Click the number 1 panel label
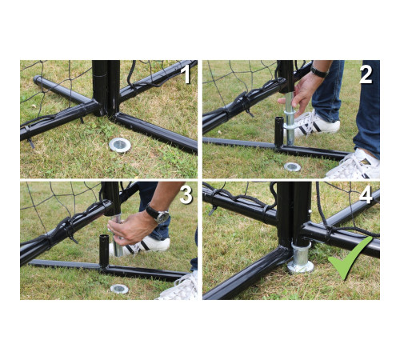point(186,74)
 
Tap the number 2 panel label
point(366,74)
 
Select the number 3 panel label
point(186,195)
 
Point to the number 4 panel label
point(366,195)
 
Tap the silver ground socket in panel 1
point(120,145)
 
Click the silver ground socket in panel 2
point(292,166)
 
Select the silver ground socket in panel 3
point(119,289)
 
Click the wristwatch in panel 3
point(158,214)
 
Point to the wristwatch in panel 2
point(319,71)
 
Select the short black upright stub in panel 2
point(279,132)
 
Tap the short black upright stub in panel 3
point(104,250)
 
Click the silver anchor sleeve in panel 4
point(301,258)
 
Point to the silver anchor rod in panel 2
point(290,118)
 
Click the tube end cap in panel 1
point(37,79)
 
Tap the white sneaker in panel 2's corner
point(354,164)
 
